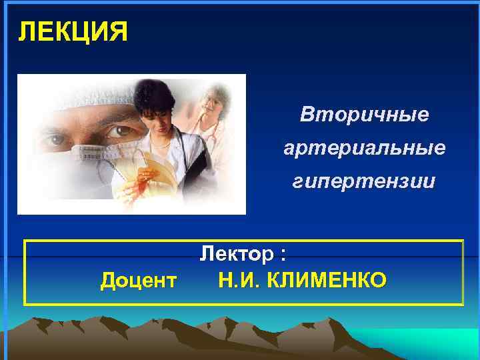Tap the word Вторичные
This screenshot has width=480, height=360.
[364, 115]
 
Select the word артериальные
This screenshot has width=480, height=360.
[364, 148]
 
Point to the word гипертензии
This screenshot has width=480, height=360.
[364, 181]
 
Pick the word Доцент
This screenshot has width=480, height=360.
[138, 281]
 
